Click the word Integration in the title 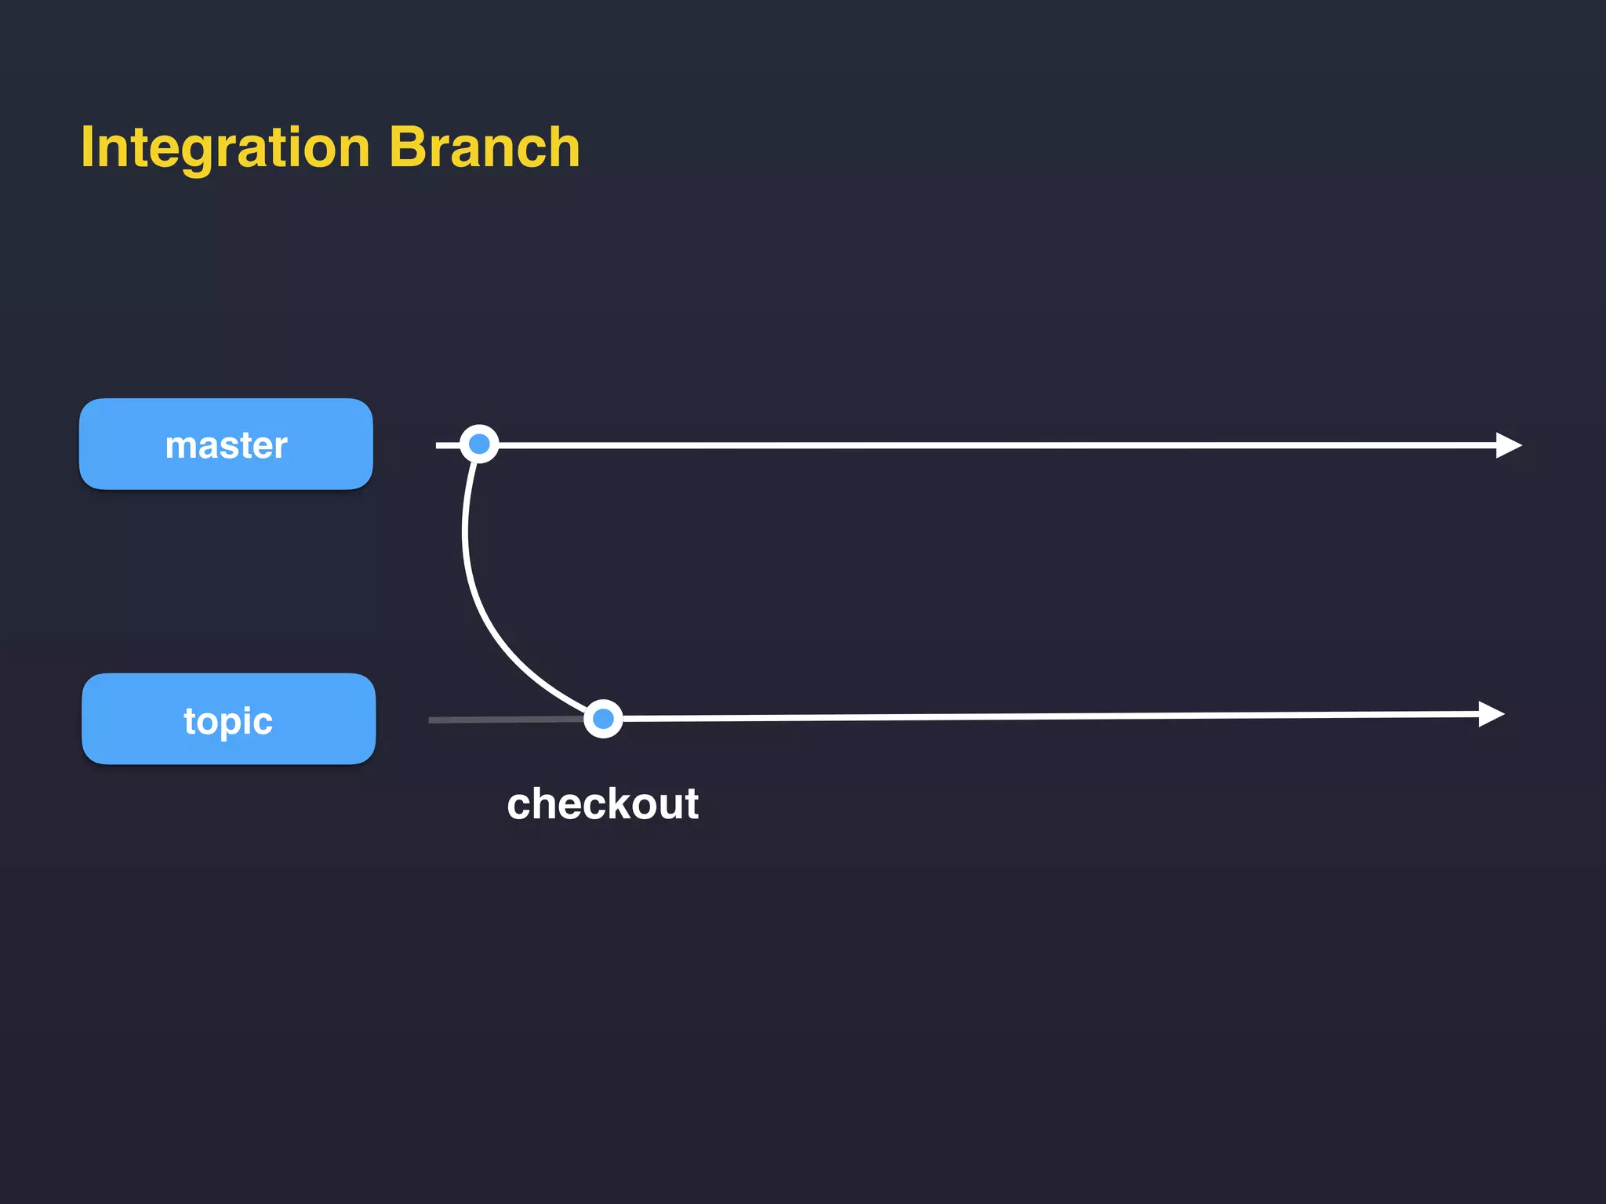[x=225, y=147]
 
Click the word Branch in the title [x=484, y=147]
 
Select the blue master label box [x=226, y=444]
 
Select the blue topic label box [x=228, y=719]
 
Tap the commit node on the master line [x=479, y=444]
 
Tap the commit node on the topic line [x=603, y=719]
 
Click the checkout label [x=602, y=804]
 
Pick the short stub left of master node [x=447, y=445]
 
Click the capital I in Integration [x=87, y=147]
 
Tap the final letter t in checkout [x=691, y=804]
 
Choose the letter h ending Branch [x=562, y=147]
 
